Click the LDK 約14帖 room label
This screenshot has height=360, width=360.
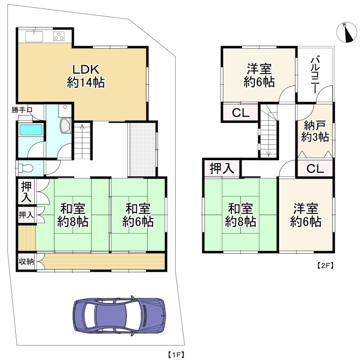pos(86,76)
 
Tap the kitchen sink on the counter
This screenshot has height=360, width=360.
pos(34,37)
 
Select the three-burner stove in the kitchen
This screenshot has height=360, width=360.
pos(59,36)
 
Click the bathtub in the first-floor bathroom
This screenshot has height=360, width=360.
pos(31,130)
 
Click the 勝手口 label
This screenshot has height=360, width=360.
pos(22,110)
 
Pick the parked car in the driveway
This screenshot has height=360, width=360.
pos(119,316)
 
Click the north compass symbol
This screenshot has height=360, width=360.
pos(346,32)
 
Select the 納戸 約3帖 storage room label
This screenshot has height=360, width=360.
pos(315,131)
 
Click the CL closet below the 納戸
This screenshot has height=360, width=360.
pos(315,169)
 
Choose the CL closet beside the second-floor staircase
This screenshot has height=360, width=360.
pos(240,113)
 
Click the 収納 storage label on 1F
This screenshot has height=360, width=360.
pos(26,261)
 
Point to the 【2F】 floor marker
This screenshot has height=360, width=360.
pos(325,266)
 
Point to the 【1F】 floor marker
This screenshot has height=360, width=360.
pos(175,355)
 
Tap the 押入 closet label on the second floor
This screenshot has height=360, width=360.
pos(222,168)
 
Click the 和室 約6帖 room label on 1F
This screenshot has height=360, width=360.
pos(138,215)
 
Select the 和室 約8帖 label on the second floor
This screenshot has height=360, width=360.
pos(240,215)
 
